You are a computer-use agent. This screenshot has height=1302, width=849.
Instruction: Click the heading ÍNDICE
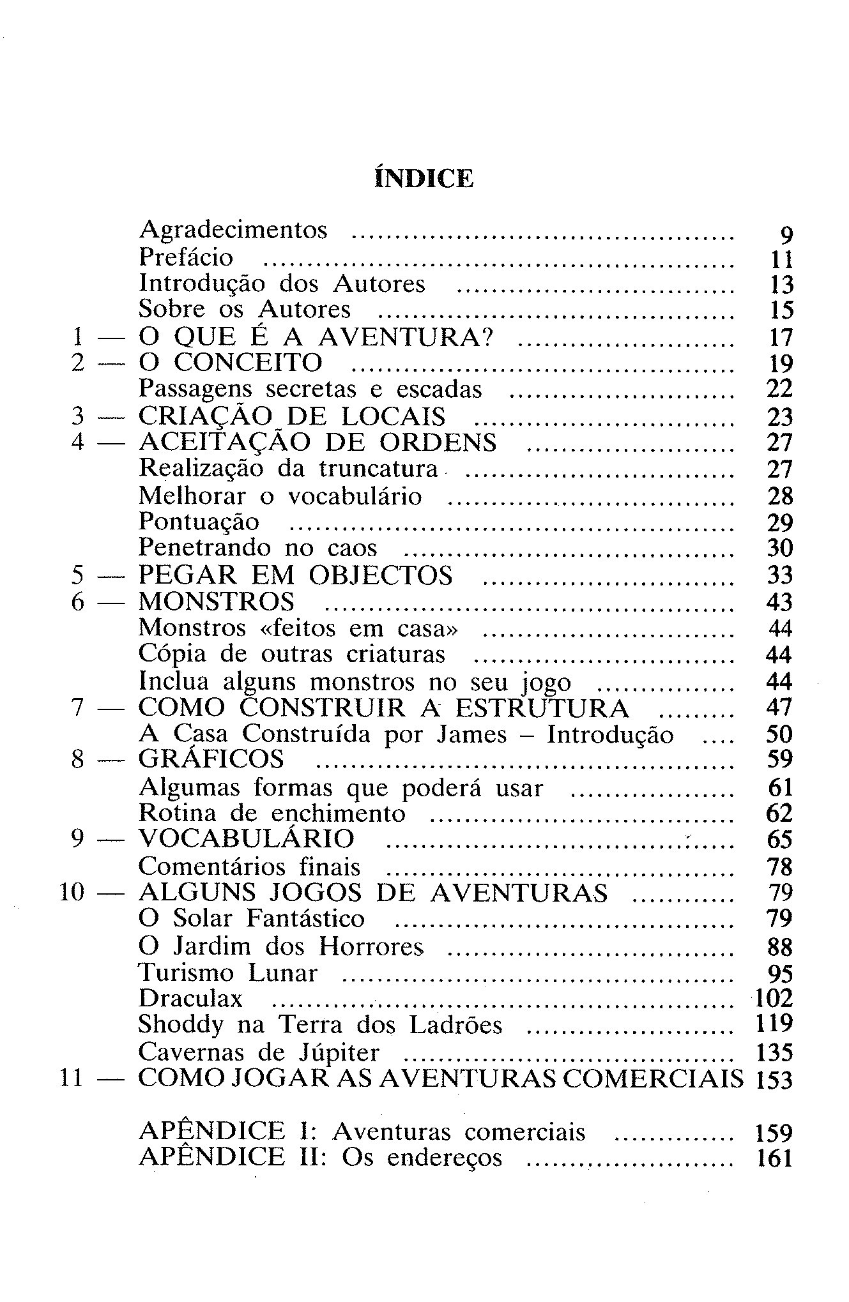pyautogui.click(x=424, y=178)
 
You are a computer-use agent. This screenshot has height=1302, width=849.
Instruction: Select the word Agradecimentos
pyautogui.click(x=233, y=230)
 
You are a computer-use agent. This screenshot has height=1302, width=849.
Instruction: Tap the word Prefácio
pyautogui.click(x=186, y=257)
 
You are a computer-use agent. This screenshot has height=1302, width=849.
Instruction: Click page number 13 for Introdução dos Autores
pyautogui.click(x=779, y=284)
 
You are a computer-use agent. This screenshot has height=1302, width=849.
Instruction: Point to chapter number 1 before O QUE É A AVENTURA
pyautogui.click(x=78, y=336)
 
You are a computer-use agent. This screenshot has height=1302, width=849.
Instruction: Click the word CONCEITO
pyautogui.click(x=249, y=363)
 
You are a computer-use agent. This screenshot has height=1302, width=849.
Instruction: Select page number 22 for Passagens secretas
pyautogui.click(x=779, y=389)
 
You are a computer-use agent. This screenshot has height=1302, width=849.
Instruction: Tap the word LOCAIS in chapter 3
pyautogui.click(x=394, y=416)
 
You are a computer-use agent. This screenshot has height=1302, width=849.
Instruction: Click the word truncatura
pyautogui.click(x=378, y=469)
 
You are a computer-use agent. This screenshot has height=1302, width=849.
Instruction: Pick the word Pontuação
pyautogui.click(x=199, y=522)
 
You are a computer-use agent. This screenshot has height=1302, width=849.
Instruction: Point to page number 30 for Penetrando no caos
pyautogui.click(x=779, y=548)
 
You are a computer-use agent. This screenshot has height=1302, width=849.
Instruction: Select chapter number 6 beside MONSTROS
pyautogui.click(x=78, y=602)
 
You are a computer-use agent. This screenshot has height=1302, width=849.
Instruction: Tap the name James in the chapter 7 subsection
pyautogui.click(x=471, y=734)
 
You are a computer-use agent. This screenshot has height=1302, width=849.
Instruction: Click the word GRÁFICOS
pyautogui.click(x=211, y=759)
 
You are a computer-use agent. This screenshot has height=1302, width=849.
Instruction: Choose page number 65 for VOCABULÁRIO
pyautogui.click(x=779, y=839)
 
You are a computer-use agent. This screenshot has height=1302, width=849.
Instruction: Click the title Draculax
pyautogui.click(x=190, y=998)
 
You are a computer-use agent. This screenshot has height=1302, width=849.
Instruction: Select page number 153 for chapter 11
pyautogui.click(x=774, y=1080)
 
